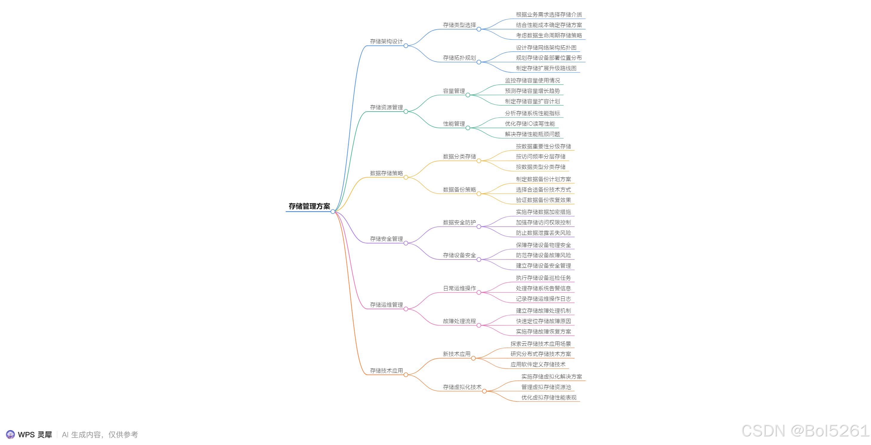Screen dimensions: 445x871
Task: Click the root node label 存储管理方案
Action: pyautogui.click(x=309, y=206)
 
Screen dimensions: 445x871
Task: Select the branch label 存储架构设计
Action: pyautogui.click(x=386, y=41)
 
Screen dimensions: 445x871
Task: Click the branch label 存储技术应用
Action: pyautogui.click(x=386, y=371)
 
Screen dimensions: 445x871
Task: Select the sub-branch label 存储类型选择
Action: pyautogui.click(x=459, y=25)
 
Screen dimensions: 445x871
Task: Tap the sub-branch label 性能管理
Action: pyautogui.click(x=454, y=124)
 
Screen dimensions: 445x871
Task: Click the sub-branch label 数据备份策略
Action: pyautogui.click(x=459, y=190)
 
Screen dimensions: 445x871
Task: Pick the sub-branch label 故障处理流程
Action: pyautogui.click(x=459, y=321)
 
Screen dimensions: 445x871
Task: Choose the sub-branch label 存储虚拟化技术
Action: pyautogui.click(x=462, y=387)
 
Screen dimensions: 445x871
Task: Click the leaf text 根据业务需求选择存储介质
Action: pyautogui.click(x=549, y=15)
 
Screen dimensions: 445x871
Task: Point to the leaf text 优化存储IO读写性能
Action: pyautogui.click(x=529, y=124)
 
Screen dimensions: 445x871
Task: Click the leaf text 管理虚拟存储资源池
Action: pyautogui.click(x=546, y=387)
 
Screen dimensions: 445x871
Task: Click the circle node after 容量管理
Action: pyautogui.click(x=468, y=95)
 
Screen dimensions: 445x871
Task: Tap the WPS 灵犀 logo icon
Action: pyautogui.click(x=10, y=435)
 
